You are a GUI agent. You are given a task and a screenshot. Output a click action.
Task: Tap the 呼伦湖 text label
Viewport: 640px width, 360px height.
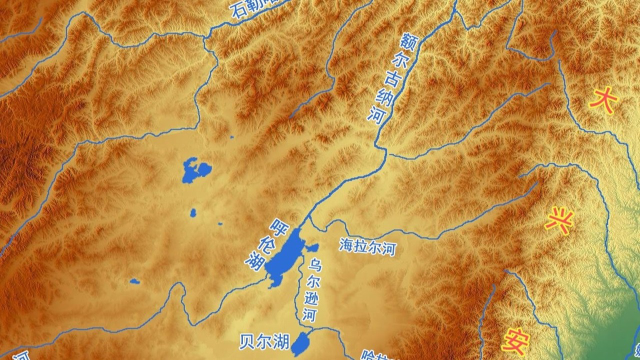pyautogui.click(x=265, y=244)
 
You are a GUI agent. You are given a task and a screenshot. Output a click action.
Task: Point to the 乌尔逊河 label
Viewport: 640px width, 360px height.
pyautogui.click(x=314, y=290)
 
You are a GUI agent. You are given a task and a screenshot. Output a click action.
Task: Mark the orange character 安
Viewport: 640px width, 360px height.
pyautogui.click(x=517, y=338)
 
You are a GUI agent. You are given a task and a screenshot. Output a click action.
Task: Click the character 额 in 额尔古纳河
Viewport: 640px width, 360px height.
pyautogui.click(x=407, y=43)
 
